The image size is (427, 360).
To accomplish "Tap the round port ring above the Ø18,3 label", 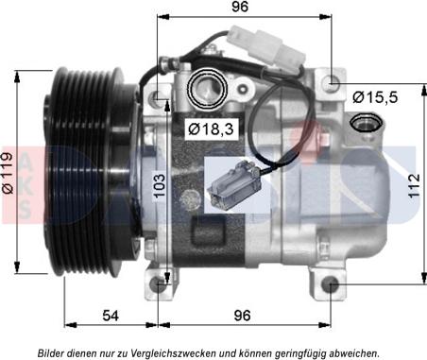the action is [206, 90].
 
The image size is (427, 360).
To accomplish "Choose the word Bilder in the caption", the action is [54, 351].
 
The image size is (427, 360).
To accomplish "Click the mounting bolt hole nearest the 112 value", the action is [331, 286].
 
